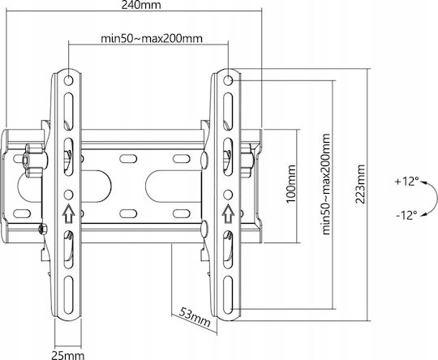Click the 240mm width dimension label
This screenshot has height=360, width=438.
141,5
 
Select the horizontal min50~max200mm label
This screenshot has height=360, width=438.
152,38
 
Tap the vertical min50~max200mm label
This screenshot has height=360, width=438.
326,184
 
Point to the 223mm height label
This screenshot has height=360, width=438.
360,184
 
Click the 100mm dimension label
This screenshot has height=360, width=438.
291,184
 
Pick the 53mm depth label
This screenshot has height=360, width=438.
195,317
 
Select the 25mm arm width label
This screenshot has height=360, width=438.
68,355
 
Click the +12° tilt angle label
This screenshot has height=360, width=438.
407,182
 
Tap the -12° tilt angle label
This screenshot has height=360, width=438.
406,216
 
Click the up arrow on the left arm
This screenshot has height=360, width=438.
68,214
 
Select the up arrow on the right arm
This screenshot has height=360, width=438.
228,214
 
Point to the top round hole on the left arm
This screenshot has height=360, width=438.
68,80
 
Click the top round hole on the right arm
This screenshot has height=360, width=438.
228,80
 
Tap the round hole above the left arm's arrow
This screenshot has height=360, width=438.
68,195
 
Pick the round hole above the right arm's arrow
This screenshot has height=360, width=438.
228,195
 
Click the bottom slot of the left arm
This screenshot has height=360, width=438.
68,295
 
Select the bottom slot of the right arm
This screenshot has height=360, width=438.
228,295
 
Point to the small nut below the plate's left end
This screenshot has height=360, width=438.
42,229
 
